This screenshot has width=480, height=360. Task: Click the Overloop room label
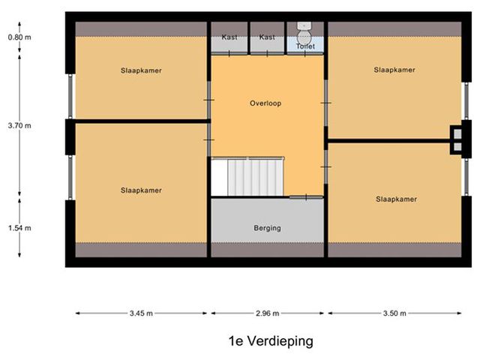tap(265, 103)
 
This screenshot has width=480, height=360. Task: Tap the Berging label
tap(267, 228)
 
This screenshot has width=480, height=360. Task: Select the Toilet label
tap(305, 46)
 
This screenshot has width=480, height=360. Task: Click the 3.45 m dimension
tap(141, 313)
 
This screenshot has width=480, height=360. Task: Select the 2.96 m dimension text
tap(267, 313)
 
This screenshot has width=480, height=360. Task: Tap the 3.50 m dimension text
tap(394, 313)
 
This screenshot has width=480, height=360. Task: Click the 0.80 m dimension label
tap(19, 37)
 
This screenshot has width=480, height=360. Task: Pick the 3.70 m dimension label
tap(19, 125)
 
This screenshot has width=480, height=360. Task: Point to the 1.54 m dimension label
tap(19, 228)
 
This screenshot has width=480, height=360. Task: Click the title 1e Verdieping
tap(271, 341)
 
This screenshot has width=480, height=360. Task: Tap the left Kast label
tap(229, 37)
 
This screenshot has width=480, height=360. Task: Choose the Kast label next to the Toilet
tap(267, 37)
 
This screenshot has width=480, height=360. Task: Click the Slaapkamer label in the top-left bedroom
tap(141, 70)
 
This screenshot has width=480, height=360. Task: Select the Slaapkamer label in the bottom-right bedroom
tap(397, 199)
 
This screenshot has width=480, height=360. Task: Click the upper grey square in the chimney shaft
tap(457, 134)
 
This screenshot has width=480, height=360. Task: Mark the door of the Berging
tap(306, 197)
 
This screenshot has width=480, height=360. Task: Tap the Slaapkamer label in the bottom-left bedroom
tap(141, 190)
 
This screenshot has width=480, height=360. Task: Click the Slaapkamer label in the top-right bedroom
tap(394, 70)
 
